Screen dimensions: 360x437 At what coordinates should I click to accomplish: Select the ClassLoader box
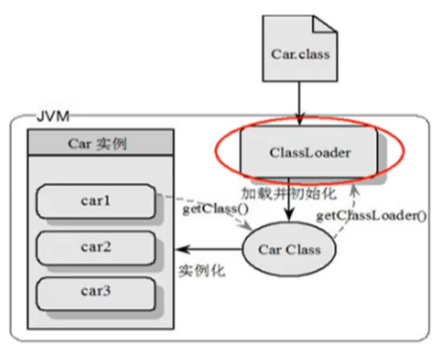[309, 152]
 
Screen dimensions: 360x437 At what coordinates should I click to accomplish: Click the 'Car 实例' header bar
[100, 144]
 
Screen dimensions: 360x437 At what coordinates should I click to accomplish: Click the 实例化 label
[201, 270]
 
